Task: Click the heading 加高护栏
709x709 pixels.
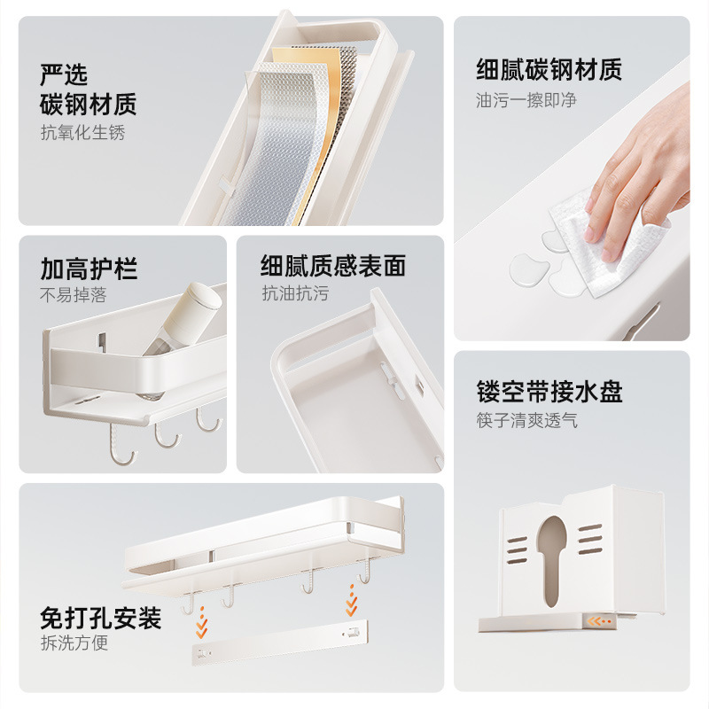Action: (x=89, y=269)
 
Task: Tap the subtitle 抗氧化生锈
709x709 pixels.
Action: (x=82, y=133)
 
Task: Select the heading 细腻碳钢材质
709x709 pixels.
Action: (x=549, y=69)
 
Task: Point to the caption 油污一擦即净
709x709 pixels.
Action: (x=526, y=100)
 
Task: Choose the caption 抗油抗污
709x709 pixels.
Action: (x=294, y=294)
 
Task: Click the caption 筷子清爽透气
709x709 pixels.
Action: (x=526, y=420)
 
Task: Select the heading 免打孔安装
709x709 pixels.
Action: (x=100, y=618)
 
